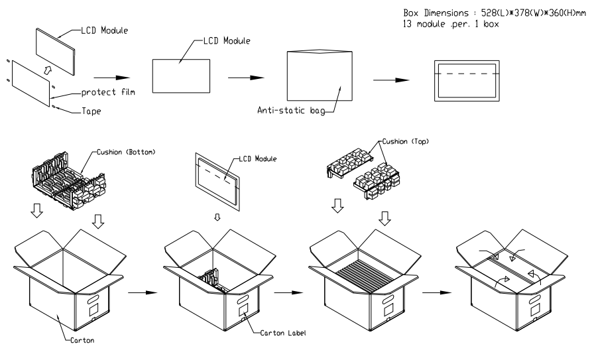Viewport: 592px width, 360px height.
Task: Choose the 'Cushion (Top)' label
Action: (x=402, y=143)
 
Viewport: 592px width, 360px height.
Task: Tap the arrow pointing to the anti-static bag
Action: (x=243, y=77)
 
